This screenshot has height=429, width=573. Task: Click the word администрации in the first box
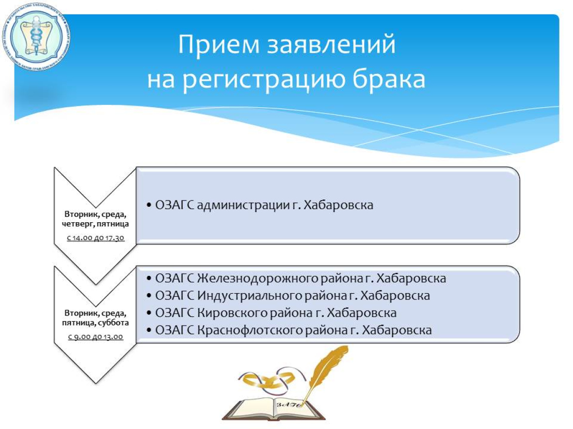(x=244, y=205)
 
